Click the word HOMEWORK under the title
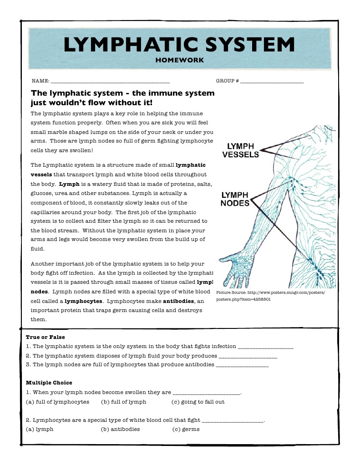[x=180, y=60]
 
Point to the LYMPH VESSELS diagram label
[x=240, y=150]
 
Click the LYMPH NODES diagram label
[x=235, y=199]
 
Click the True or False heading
[x=46, y=337]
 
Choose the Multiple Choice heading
[x=49, y=383]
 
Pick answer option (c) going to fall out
[x=198, y=402]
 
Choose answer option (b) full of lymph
[x=123, y=402]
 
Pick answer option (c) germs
[x=186, y=429]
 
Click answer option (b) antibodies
[x=120, y=429]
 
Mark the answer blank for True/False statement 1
[x=266, y=347]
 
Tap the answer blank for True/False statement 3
[x=242, y=365]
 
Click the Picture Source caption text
[x=270, y=296]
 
